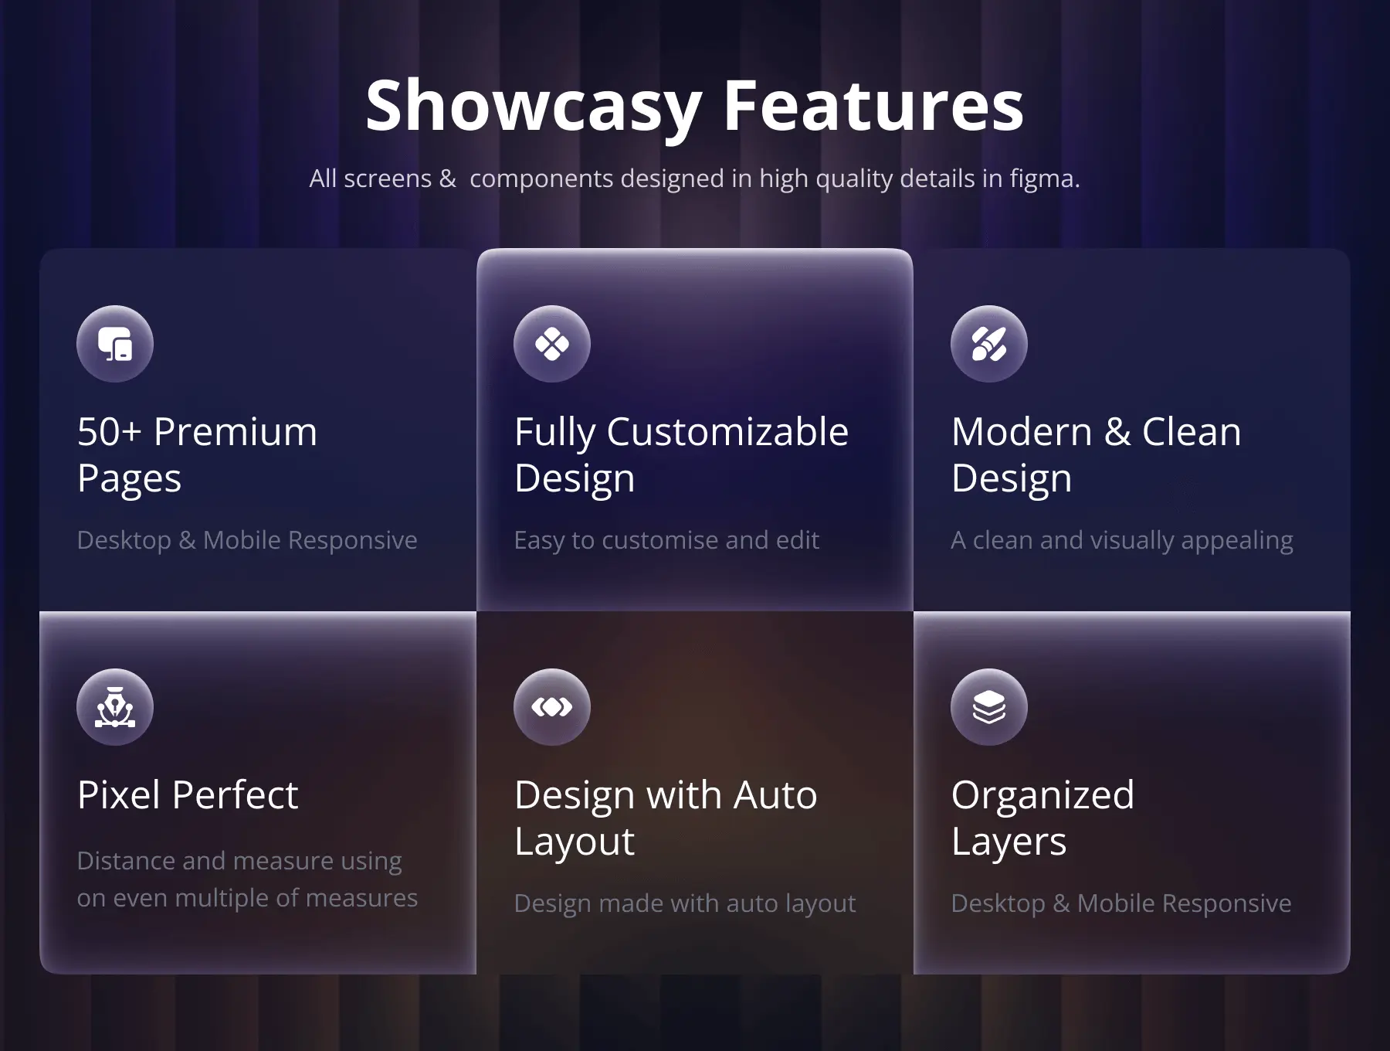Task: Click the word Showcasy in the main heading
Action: click(x=534, y=107)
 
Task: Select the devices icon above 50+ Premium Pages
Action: click(x=115, y=344)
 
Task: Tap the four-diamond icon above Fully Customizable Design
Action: click(x=552, y=344)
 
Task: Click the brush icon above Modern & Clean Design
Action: click(x=989, y=344)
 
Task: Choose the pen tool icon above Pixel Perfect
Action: click(x=115, y=707)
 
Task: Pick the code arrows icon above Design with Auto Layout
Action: click(x=552, y=707)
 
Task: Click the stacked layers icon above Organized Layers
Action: click(x=989, y=707)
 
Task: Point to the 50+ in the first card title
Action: click(x=109, y=432)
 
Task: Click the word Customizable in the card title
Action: click(x=727, y=431)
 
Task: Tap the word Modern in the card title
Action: click(x=1022, y=432)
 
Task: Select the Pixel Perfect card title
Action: click(x=188, y=794)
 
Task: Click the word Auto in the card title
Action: click(x=775, y=795)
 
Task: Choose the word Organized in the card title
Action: click(x=1043, y=796)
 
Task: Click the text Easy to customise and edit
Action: click(x=666, y=540)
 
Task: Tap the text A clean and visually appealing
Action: click(x=1122, y=541)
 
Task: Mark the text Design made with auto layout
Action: click(x=685, y=904)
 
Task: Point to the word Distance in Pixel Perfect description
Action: click(x=127, y=861)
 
